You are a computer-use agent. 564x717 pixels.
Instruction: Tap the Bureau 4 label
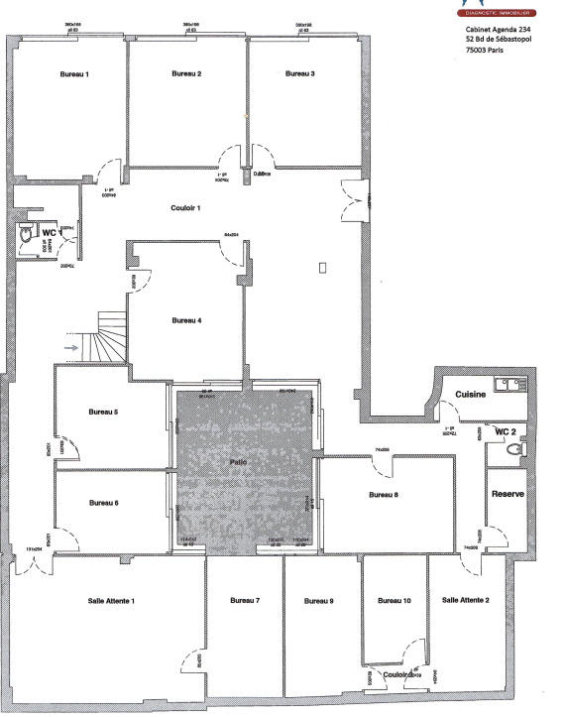(x=186, y=320)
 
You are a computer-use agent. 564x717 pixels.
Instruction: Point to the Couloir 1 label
(x=185, y=207)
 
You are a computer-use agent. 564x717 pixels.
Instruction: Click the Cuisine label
(x=470, y=395)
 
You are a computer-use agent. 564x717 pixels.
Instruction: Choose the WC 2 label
(x=507, y=432)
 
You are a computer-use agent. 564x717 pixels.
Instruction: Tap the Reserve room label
(x=507, y=494)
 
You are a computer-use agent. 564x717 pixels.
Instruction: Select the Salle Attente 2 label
(x=466, y=600)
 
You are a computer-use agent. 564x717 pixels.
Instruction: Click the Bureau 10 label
(x=395, y=601)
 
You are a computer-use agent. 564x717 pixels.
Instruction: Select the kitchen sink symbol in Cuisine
(x=512, y=383)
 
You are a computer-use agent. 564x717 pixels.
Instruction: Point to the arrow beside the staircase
(x=71, y=348)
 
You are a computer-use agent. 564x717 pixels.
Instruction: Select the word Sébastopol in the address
(x=512, y=40)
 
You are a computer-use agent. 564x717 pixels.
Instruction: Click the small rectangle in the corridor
(x=322, y=268)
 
